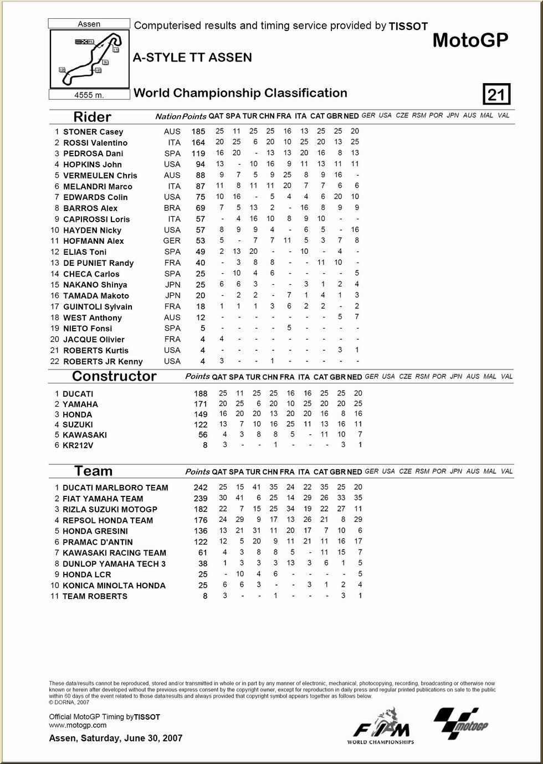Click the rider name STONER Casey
[93, 132]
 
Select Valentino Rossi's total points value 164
[198, 143]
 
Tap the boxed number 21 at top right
[496, 95]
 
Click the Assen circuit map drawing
[89, 59]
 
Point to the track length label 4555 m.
[89, 95]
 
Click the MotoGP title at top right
[470, 40]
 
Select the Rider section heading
[92, 117]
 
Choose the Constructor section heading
[114, 376]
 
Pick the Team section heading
[93, 471]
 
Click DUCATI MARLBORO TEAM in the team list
[115, 488]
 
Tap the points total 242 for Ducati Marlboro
[200, 488]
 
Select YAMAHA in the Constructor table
[80, 404]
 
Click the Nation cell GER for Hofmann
[172, 241]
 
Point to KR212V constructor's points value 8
[204, 445]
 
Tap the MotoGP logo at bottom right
[461, 723]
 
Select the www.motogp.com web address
[78, 725]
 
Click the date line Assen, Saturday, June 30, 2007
[115, 738]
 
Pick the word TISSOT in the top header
[408, 26]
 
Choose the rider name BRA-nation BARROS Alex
[90, 208]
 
